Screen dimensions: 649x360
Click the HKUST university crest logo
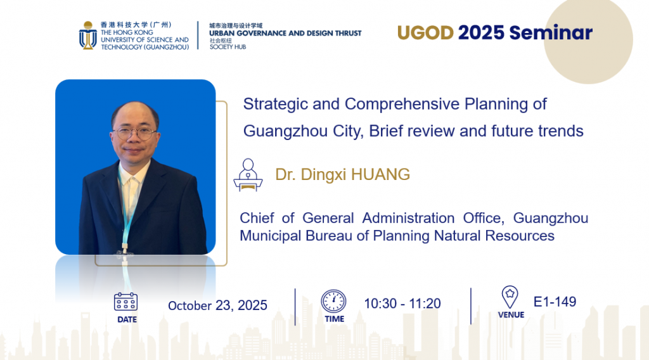[87, 35]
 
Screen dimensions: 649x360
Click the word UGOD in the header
[425, 33]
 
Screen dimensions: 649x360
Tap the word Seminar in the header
[551, 33]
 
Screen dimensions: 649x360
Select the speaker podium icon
[248, 175]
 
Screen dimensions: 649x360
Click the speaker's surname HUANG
[380, 175]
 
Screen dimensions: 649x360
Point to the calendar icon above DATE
[126, 302]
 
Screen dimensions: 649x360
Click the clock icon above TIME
[333, 301]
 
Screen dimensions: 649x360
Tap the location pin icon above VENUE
[510, 297]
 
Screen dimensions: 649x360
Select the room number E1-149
[555, 302]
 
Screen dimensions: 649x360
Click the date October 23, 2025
[218, 305]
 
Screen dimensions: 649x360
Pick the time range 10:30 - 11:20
[402, 304]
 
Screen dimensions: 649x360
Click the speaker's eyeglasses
[135, 133]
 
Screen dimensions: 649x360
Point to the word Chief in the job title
[257, 218]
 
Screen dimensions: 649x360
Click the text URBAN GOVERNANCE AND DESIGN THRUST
[285, 33]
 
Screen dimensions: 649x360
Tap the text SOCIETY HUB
[228, 47]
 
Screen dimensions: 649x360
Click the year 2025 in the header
[481, 33]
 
